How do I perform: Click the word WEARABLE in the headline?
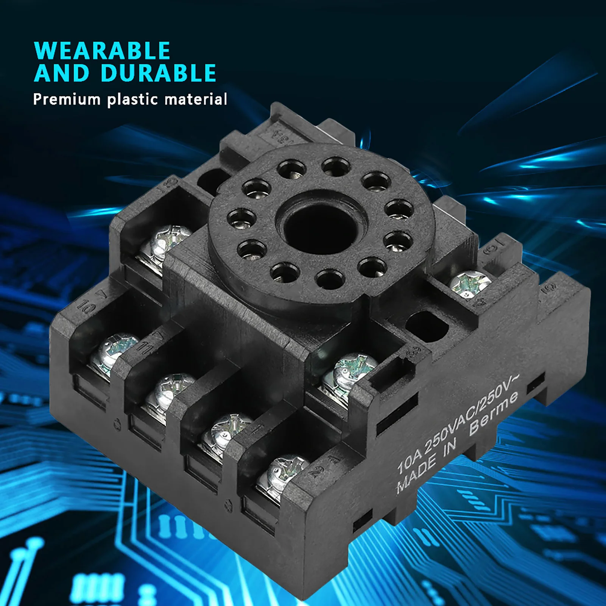(x=102, y=51)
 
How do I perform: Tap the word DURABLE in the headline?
(x=159, y=73)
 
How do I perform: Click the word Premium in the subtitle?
(x=67, y=100)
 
